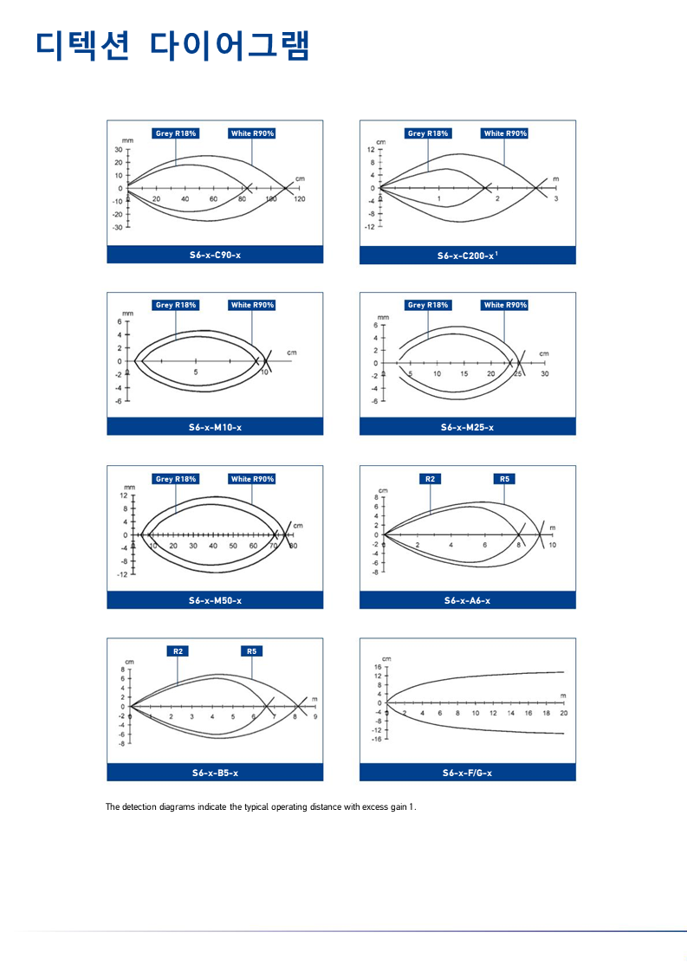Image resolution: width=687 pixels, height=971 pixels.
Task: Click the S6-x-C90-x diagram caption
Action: click(215, 256)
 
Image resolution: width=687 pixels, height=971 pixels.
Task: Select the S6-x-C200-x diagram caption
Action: click(468, 256)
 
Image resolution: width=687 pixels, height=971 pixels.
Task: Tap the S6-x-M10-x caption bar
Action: click(215, 427)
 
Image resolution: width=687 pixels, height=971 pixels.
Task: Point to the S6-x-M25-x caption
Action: click(468, 427)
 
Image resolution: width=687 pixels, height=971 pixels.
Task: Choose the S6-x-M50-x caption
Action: click(215, 600)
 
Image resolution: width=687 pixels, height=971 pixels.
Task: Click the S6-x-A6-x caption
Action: click(468, 600)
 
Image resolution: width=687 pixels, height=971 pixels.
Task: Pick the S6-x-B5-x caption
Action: click(215, 773)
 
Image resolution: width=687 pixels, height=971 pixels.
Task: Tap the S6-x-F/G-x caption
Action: click(468, 773)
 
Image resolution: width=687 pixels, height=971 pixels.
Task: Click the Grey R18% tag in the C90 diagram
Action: click(176, 133)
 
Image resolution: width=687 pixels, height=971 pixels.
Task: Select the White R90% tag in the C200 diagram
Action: click(505, 133)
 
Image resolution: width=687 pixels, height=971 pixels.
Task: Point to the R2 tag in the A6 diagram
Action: click(430, 479)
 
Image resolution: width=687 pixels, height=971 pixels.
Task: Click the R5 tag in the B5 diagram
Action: click(251, 651)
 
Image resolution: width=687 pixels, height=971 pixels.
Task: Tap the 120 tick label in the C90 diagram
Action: click(300, 198)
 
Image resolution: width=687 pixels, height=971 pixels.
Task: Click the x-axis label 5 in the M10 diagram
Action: click(196, 372)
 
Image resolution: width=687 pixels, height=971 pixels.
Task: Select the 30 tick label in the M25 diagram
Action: click(545, 373)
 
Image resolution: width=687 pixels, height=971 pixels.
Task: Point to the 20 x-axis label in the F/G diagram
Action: click(564, 713)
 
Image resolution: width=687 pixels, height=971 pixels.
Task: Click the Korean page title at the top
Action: click(173, 45)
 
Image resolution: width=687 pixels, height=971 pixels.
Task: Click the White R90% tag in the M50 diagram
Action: click(252, 479)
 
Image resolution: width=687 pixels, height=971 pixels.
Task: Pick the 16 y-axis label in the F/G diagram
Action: click(378, 667)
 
